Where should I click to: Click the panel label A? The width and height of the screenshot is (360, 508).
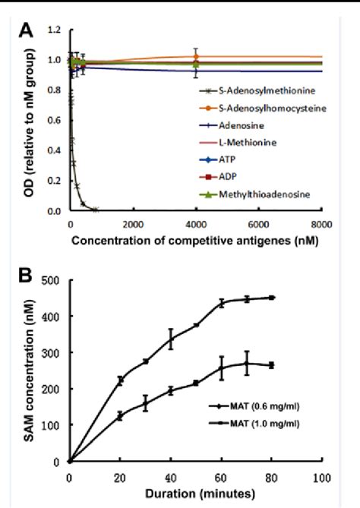(x=25, y=31)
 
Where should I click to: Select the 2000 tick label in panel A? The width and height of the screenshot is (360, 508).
(x=133, y=224)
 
